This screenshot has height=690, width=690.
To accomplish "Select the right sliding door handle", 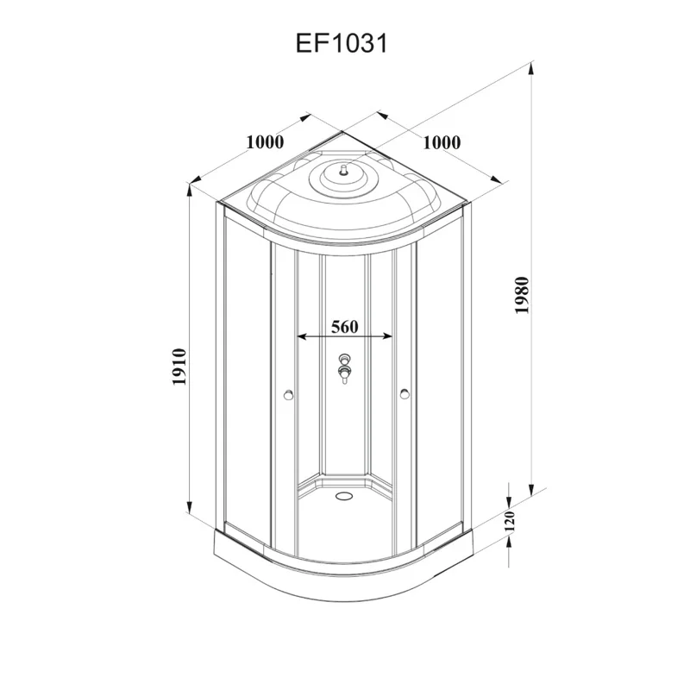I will coord(404,396).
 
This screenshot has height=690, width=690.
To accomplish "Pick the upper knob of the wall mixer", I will coord(345,359).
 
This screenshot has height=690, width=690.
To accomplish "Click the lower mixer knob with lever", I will coord(345,374).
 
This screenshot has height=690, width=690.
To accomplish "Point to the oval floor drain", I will coord(345,495).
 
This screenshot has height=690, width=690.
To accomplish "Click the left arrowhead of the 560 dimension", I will coord(300,336).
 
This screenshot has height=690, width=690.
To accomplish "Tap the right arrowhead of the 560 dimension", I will coord(393,336).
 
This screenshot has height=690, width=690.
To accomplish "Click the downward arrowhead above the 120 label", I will coord(510,500).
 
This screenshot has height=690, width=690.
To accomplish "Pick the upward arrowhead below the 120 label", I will coord(510,543).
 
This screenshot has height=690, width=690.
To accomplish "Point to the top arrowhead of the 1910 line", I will coord(191,191).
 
